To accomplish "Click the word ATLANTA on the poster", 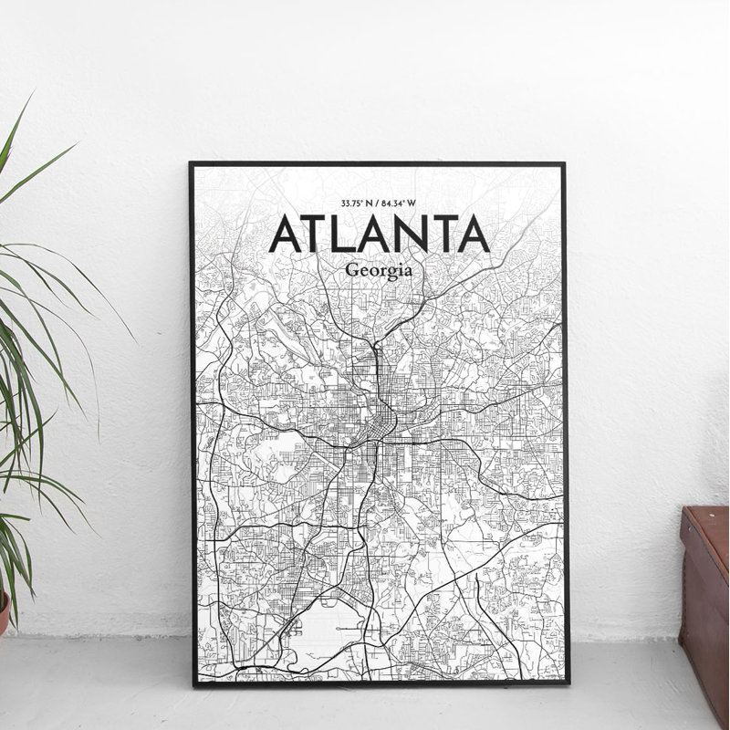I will tap(379, 235).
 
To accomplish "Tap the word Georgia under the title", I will tap(379, 271).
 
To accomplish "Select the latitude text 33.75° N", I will tap(357, 203).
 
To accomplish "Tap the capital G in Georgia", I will tap(352, 271).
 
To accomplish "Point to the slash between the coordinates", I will tap(379, 203).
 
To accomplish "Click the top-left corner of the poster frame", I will tap(191, 163).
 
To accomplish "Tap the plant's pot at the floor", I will tap(4, 611).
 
